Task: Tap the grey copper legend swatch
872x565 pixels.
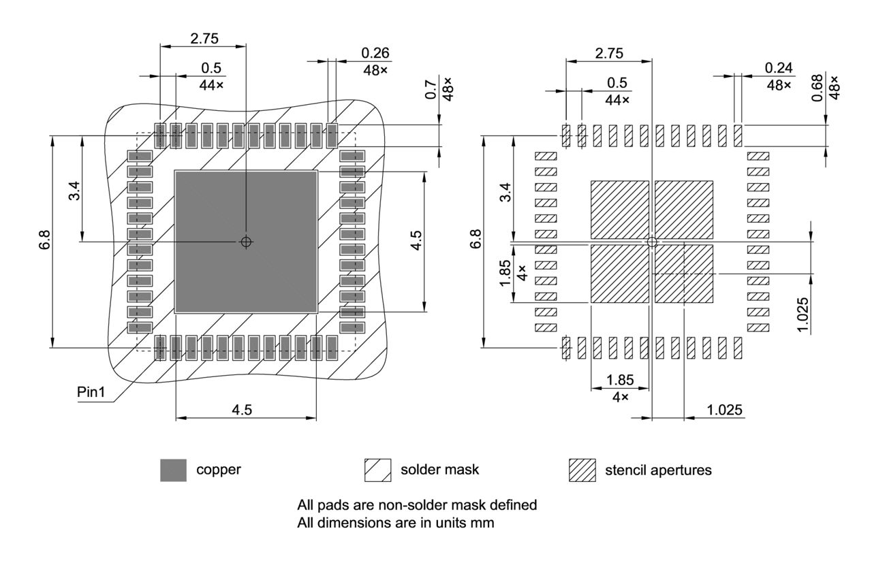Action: (x=173, y=470)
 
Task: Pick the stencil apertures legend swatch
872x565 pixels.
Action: (x=582, y=470)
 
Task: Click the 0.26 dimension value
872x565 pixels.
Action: (x=375, y=53)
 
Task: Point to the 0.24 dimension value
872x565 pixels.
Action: (x=779, y=68)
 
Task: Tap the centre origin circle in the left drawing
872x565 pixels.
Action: (x=247, y=242)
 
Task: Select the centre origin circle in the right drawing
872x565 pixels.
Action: (x=652, y=242)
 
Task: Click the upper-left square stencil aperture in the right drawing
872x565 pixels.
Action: (x=619, y=210)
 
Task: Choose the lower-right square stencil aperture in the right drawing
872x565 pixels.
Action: (x=683, y=274)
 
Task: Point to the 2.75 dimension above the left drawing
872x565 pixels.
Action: (x=204, y=39)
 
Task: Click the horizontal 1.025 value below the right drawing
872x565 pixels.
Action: (x=725, y=410)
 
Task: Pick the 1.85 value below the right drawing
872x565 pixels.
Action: (x=620, y=380)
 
